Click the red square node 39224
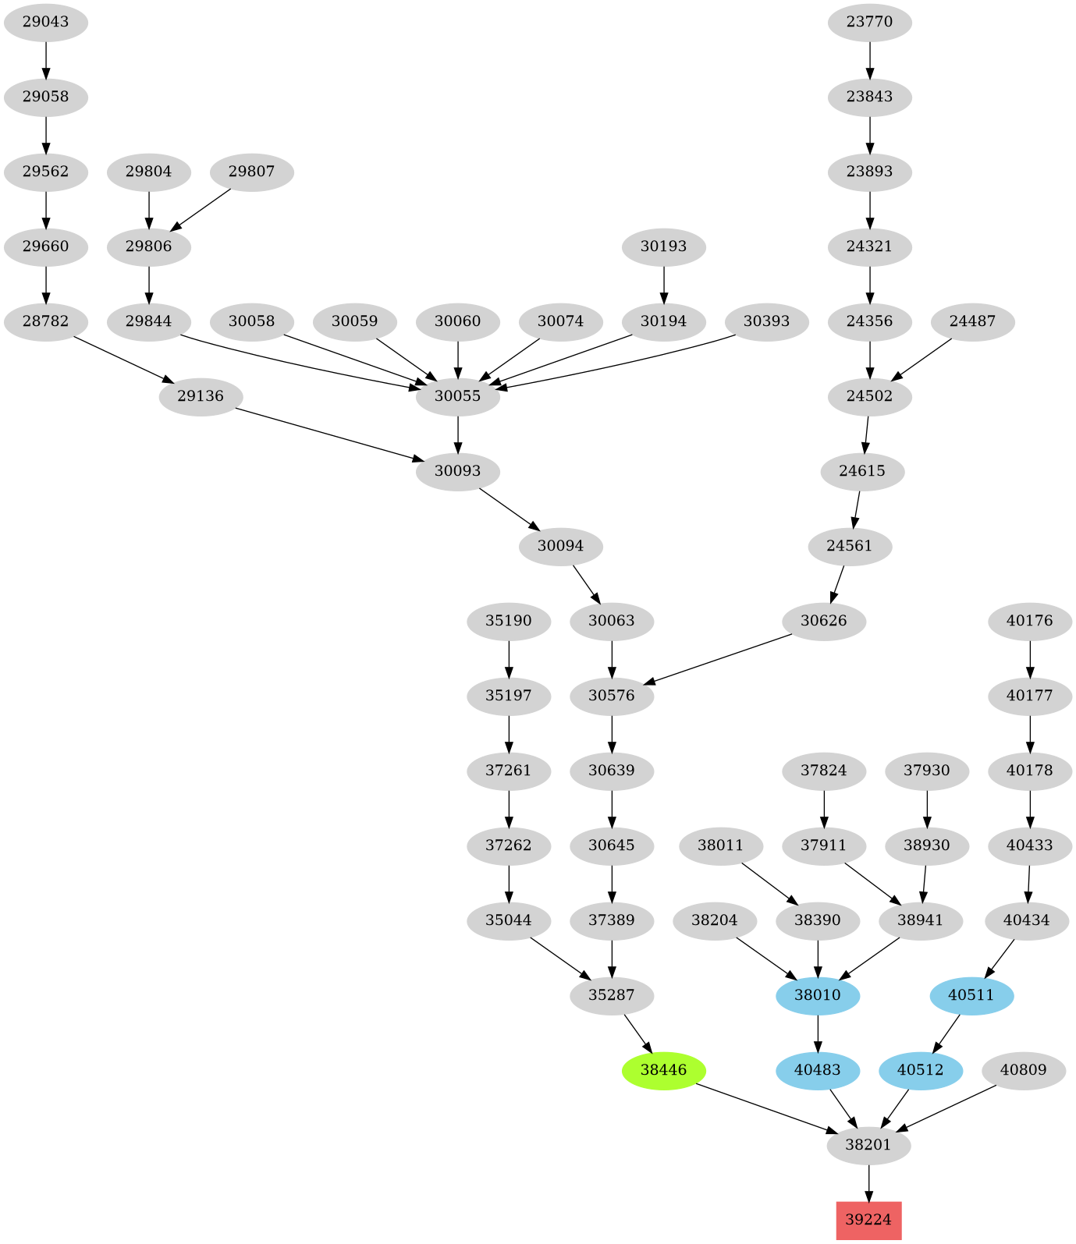click(868, 1220)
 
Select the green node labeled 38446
click(663, 1070)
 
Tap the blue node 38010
click(818, 995)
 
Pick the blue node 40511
click(971, 995)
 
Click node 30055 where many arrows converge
click(457, 396)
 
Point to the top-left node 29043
click(45, 22)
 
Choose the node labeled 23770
click(869, 22)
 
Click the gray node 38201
click(868, 1145)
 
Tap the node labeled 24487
click(972, 321)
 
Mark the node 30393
click(766, 321)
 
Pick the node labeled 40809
click(1023, 1070)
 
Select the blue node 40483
click(818, 1070)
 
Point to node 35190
click(509, 621)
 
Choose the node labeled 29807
click(251, 172)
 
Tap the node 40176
click(1029, 621)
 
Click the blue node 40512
click(920, 1070)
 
